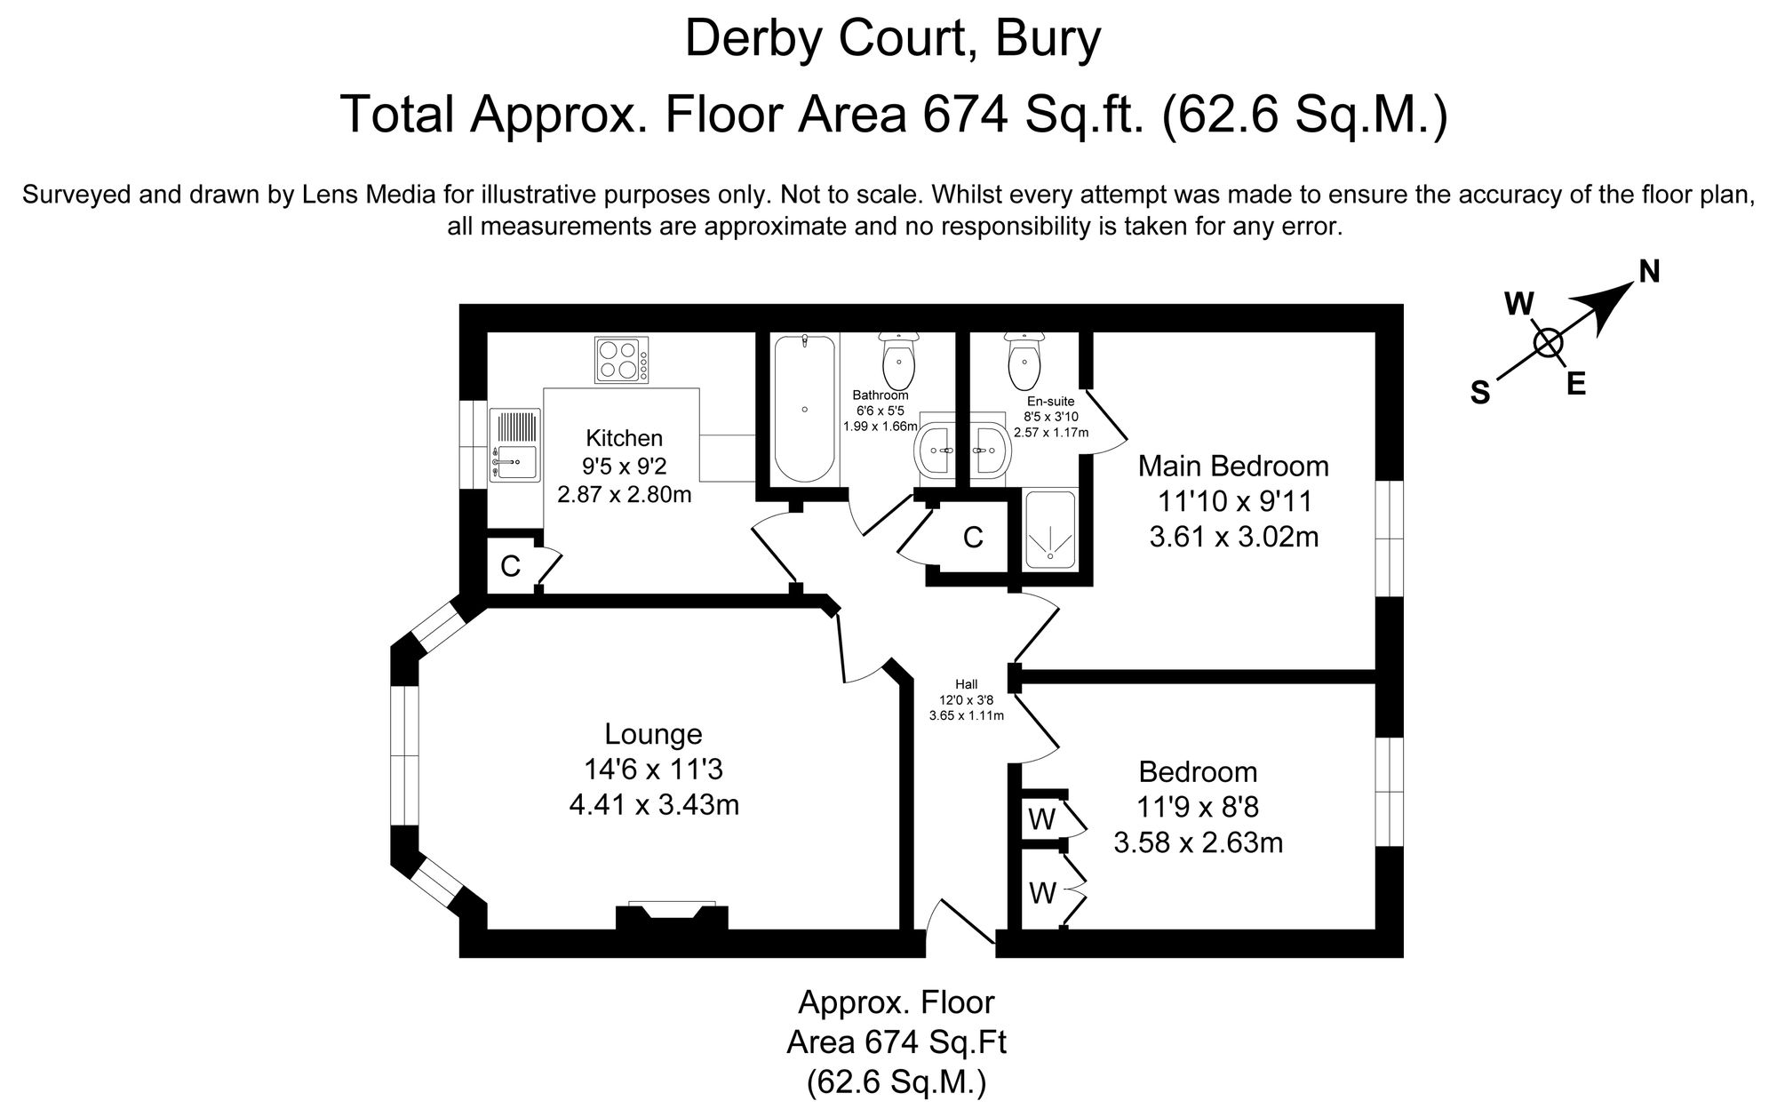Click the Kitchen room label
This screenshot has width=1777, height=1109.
point(624,438)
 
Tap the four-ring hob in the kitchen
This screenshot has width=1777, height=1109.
point(621,360)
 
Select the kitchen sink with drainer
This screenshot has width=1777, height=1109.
point(515,446)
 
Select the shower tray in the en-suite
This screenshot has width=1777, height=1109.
point(1049,530)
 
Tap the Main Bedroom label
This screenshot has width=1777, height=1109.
point(1233,466)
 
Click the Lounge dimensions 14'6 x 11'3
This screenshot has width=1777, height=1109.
point(654,770)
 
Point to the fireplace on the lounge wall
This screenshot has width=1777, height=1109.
point(672,916)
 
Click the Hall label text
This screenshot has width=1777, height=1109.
point(966,684)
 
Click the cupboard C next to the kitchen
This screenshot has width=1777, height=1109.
point(510,566)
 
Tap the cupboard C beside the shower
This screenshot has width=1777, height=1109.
point(973,538)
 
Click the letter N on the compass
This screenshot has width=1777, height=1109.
point(1649,272)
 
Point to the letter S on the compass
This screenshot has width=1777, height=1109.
point(1479,392)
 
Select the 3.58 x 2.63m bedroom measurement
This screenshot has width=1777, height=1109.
point(1198,842)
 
